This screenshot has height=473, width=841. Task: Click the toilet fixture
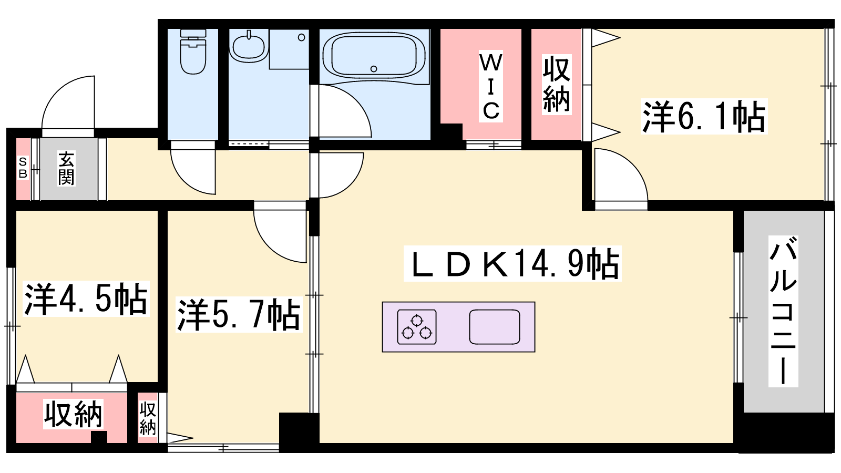click(193, 52)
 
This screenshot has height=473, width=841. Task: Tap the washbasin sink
click(248, 46)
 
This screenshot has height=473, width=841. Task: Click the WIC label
click(490, 87)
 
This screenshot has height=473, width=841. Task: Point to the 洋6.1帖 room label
click(704, 116)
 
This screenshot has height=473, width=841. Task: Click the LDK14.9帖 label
click(512, 263)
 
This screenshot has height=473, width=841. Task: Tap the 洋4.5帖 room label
click(86, 299)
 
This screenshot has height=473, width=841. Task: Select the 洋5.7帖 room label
click(239, 315)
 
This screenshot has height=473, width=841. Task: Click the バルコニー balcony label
click(783, 311)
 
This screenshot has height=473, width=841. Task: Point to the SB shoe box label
click(23, 168)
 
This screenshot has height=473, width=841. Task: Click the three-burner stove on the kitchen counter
click(417, 327)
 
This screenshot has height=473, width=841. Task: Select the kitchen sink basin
click(495, 327)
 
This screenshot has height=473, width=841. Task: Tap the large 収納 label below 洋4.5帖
click(73, 414)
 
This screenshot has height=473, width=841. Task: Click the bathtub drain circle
click(374, 69)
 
